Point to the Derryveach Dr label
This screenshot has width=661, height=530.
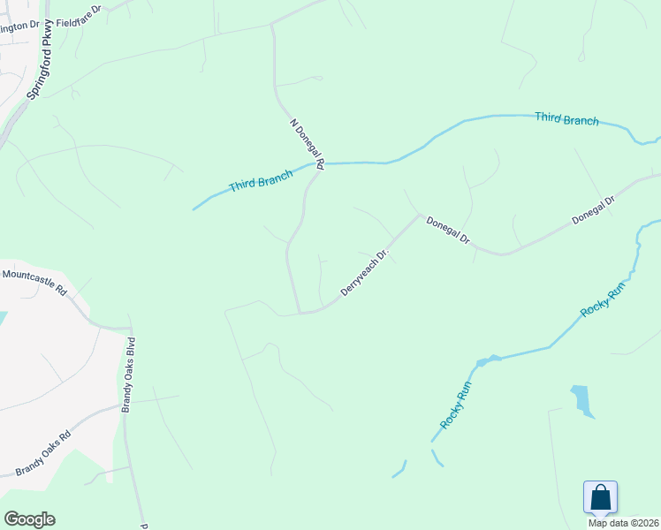[x=365, y=274]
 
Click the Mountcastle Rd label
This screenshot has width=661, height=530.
[x=34, y=282]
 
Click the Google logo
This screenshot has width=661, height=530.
[x=29, y=519]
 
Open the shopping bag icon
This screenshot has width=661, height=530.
[x=600, y=496]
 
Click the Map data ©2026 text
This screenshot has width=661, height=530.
[x=623, y=522]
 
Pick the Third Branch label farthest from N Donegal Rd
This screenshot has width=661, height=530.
[x=566, y=119]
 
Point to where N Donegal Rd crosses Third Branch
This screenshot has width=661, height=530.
[x=318, y=163]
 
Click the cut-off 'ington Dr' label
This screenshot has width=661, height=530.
[x=19, y=26]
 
